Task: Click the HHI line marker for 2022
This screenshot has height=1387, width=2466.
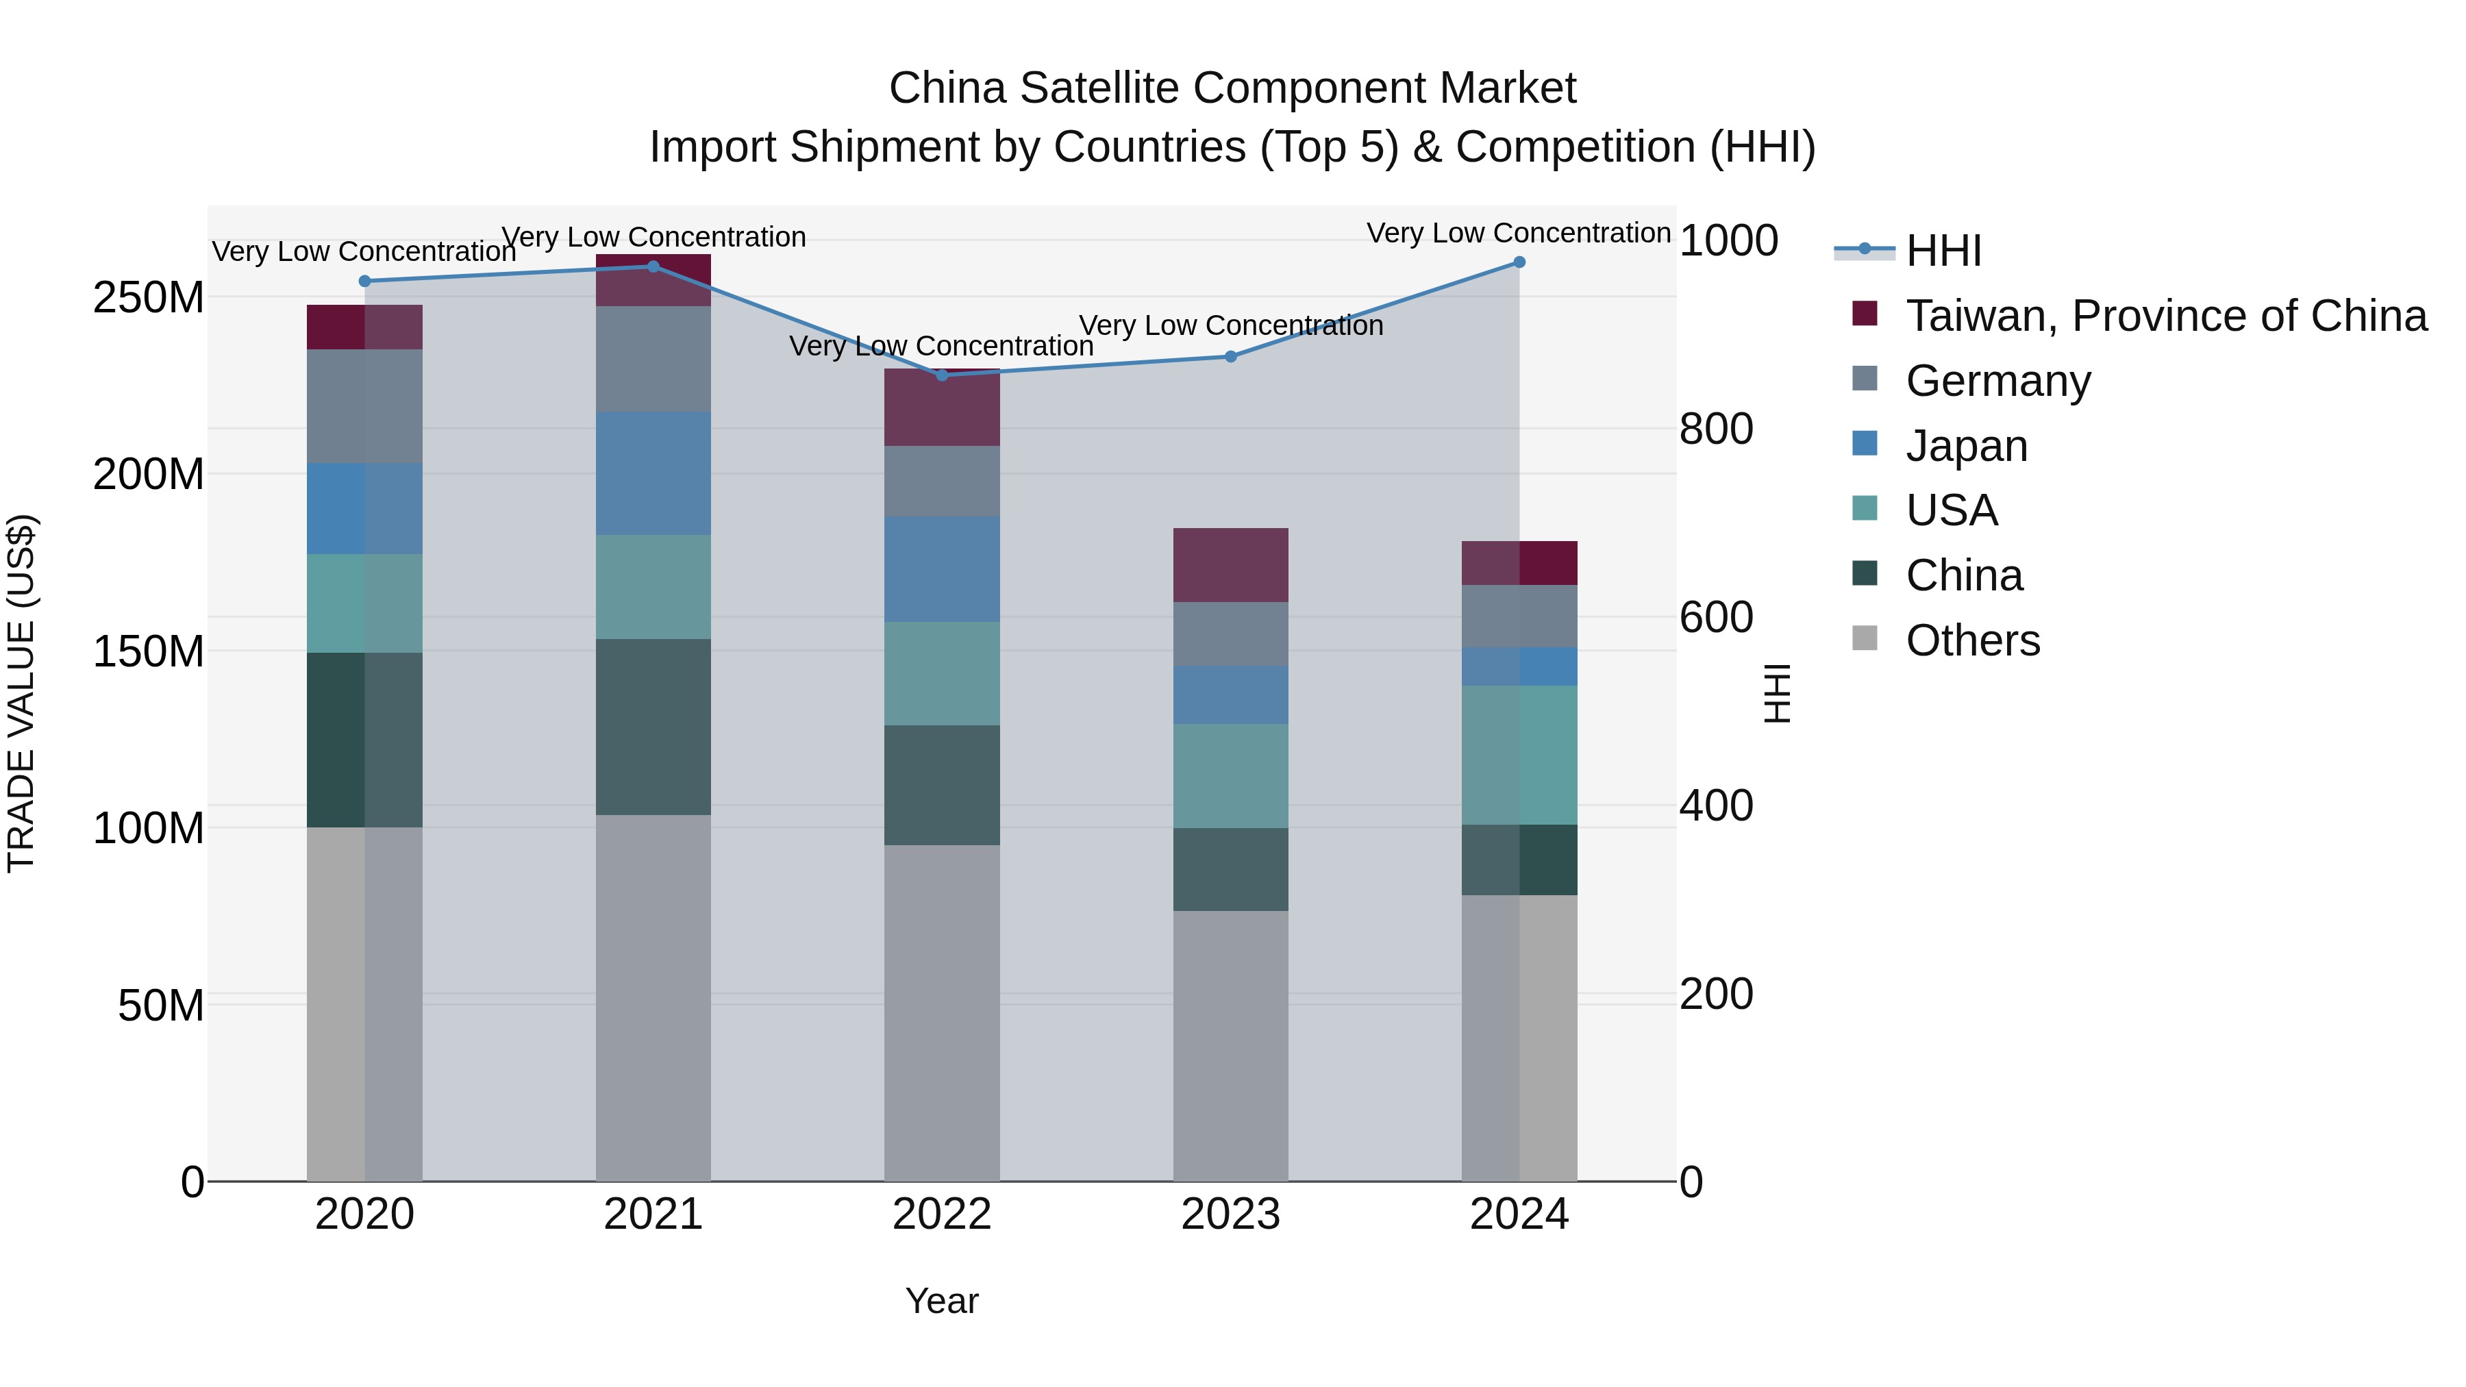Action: pyautogui.click(x=942, y=375)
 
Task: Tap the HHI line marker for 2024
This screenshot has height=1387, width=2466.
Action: pyautogui.click(x=1519, y=262)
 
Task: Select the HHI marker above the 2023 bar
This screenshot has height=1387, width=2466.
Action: pyautogui.click(x=1231, y=356)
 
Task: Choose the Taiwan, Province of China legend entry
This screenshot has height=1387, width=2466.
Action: pyautogui.click(x=2165, y=316)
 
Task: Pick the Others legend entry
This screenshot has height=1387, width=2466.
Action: pyautogui.click(x=1972, y=640)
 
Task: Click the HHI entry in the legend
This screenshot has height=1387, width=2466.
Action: pyautogui.click(x=1943, y=251)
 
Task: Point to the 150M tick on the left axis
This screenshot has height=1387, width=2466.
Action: pyautogui.click(x=149, y=652)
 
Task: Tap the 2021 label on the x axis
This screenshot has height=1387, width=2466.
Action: pyautogui.click(x=653, y=1214)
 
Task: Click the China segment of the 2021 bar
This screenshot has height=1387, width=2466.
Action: pyautogui.click(x=653, y=727)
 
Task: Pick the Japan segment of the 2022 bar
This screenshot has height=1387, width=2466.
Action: pyautogui.click(x=942, y=570)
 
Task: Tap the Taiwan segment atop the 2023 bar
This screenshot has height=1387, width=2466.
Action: pyautogui.click(x=1231, y=565)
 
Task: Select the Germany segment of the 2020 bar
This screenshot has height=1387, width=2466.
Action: pyautogui.click(x=364, y=406)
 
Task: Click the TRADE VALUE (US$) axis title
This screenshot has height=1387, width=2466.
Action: pyautogui.click(x=21, y=693)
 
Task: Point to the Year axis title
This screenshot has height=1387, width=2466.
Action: pyautogui.click(x=942, y=1301)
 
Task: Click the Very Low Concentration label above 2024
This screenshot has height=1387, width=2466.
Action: pyautogui.click(x=1518, y=233)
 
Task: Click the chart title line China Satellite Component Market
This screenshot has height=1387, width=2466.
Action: pyautogui.click(x=1232, y=88)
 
